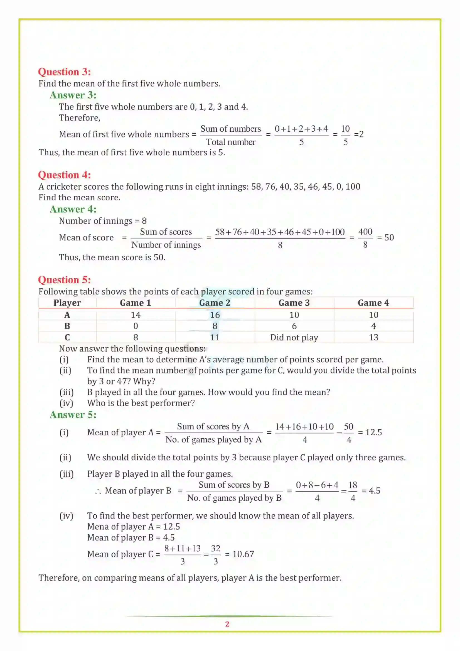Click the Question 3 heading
pyautogui.click(x=64, y=72)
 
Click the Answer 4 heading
pyautogui.click(x=73, y=209)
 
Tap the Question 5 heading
pyautogui.click(x=64, y=279)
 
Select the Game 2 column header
pyautogui.click(x=215, y=303)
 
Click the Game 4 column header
pyautogui.click(x=373, y=303)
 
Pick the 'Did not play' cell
pyautogui.click(x=294, y=337)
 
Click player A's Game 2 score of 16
pyautogui.click(x=215, y=315)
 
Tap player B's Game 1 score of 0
pyautogui.click(x=136, y=326)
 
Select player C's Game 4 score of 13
pyautogui.click(x=373, y=337)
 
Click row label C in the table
pyautogui.click(x=67, y=337)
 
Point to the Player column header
pyautogui.click(x=67, y=303)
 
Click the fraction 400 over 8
pyautogui.click(x=365, y=238)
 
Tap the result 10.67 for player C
pyautogui.click(x=243, y=554)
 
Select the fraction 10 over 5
pyautogui.click(x=345, y=135)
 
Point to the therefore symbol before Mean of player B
pyautogui.click(x=98, y=491)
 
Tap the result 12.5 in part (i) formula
pyautogui.click(x=373, y=433)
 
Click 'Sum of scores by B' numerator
pyautogui.click(x=234, y=485)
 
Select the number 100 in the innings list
pyautogui.click(x=353, y=186)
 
